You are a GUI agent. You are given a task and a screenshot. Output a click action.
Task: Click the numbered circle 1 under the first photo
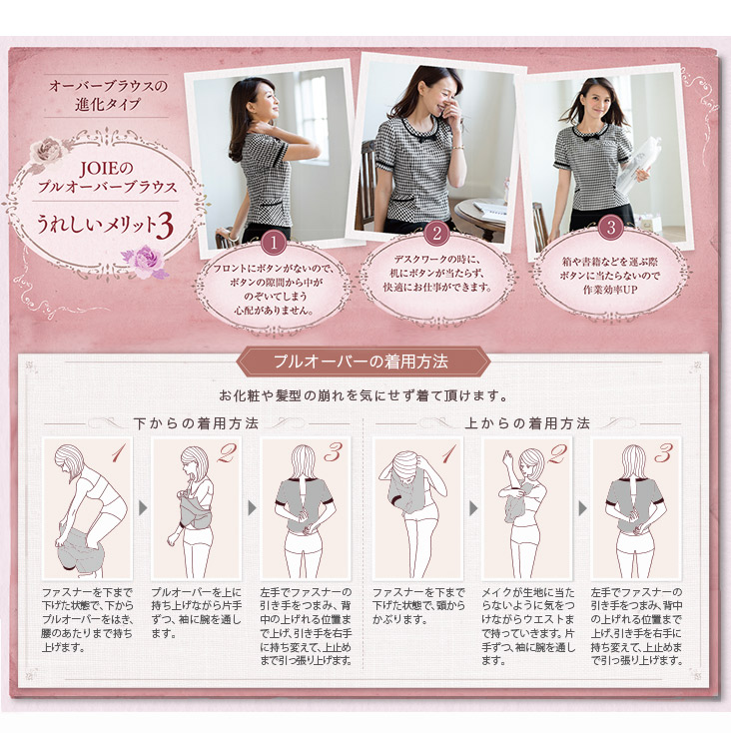pos(274,243)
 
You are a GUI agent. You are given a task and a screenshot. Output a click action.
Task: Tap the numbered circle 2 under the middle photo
pos(437,233)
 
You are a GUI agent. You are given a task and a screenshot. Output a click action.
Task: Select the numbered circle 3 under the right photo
pos(611,228)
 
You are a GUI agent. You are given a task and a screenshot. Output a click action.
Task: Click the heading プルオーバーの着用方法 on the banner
pos(362,362)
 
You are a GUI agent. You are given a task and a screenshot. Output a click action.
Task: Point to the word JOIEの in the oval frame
pos(107,169)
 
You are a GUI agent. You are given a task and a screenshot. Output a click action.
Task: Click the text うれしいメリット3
pos(105,226)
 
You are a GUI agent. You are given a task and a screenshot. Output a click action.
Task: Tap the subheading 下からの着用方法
pos(196,423)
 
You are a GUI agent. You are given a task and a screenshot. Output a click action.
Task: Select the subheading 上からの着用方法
pos(527,423)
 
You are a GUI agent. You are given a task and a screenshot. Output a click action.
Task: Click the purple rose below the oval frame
pos(145,262)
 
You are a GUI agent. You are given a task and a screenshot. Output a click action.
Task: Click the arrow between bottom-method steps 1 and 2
pos(143,508)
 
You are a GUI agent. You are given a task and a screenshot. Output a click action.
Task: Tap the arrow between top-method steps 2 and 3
pos(582,508)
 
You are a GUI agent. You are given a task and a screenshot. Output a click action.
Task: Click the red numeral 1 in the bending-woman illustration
pos(119,453)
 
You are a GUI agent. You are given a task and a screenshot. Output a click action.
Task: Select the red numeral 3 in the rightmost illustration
pos(664,453)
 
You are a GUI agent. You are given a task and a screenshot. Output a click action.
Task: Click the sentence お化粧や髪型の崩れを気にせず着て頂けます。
pos(364,395)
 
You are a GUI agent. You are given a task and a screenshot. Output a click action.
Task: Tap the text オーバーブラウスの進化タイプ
pos(107,95)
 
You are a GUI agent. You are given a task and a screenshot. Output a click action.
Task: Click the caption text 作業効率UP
pos(610,290)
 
